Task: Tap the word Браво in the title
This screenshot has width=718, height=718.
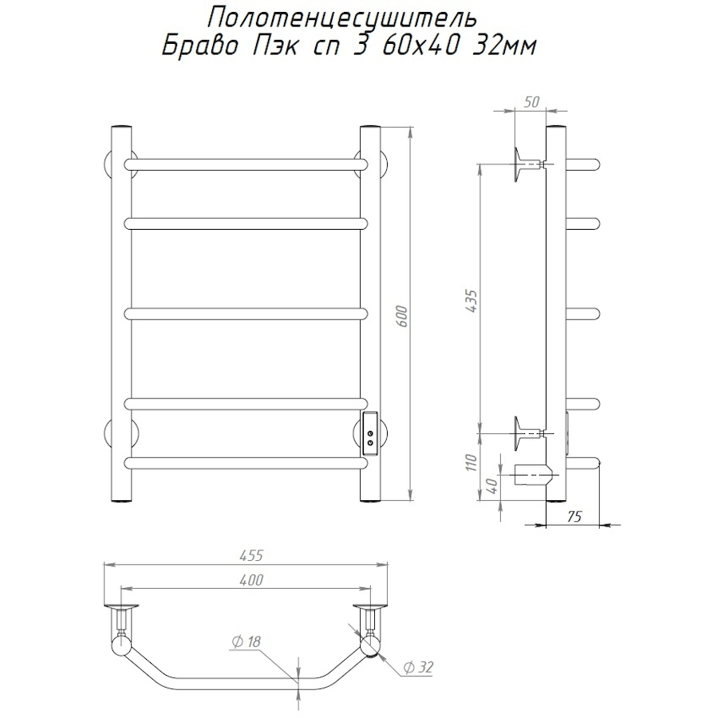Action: pyautogui.click(x=200, y=46)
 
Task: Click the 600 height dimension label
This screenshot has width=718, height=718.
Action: pyautogui.click(x=403, y=315)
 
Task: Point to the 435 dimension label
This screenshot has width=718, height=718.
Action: pyautogui.click(x=472, y=301)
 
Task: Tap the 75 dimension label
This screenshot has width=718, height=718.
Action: pyautogui.click(x=574, y=516)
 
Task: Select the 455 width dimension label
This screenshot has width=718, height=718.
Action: pyautogui.click(x=251, y=555)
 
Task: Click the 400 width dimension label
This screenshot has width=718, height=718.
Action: pyautogui.click(x=251, y=580)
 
